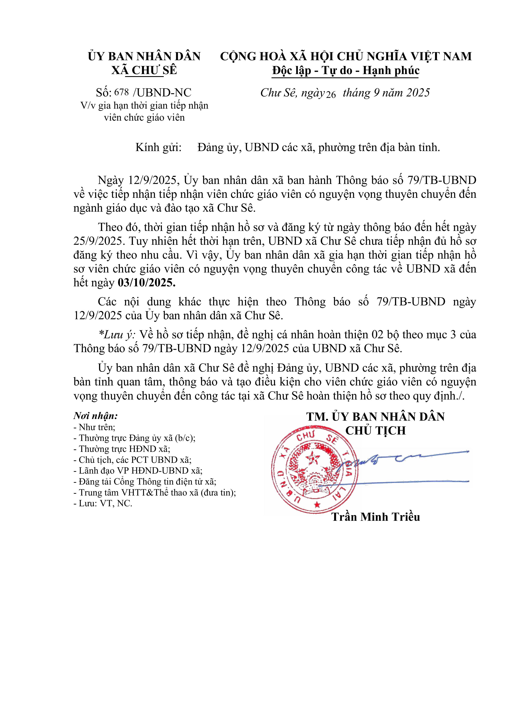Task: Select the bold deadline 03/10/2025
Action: (146, 282)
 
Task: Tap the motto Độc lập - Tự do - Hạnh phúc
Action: (346, 70)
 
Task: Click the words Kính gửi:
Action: (159, 147)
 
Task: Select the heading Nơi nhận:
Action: (96, 415)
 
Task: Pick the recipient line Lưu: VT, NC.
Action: (103, 503)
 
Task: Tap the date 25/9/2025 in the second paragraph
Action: (98, 241)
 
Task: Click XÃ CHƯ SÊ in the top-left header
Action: (144, 70)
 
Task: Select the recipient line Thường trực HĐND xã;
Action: (122, 449)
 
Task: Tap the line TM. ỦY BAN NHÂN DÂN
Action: (375, 416)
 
